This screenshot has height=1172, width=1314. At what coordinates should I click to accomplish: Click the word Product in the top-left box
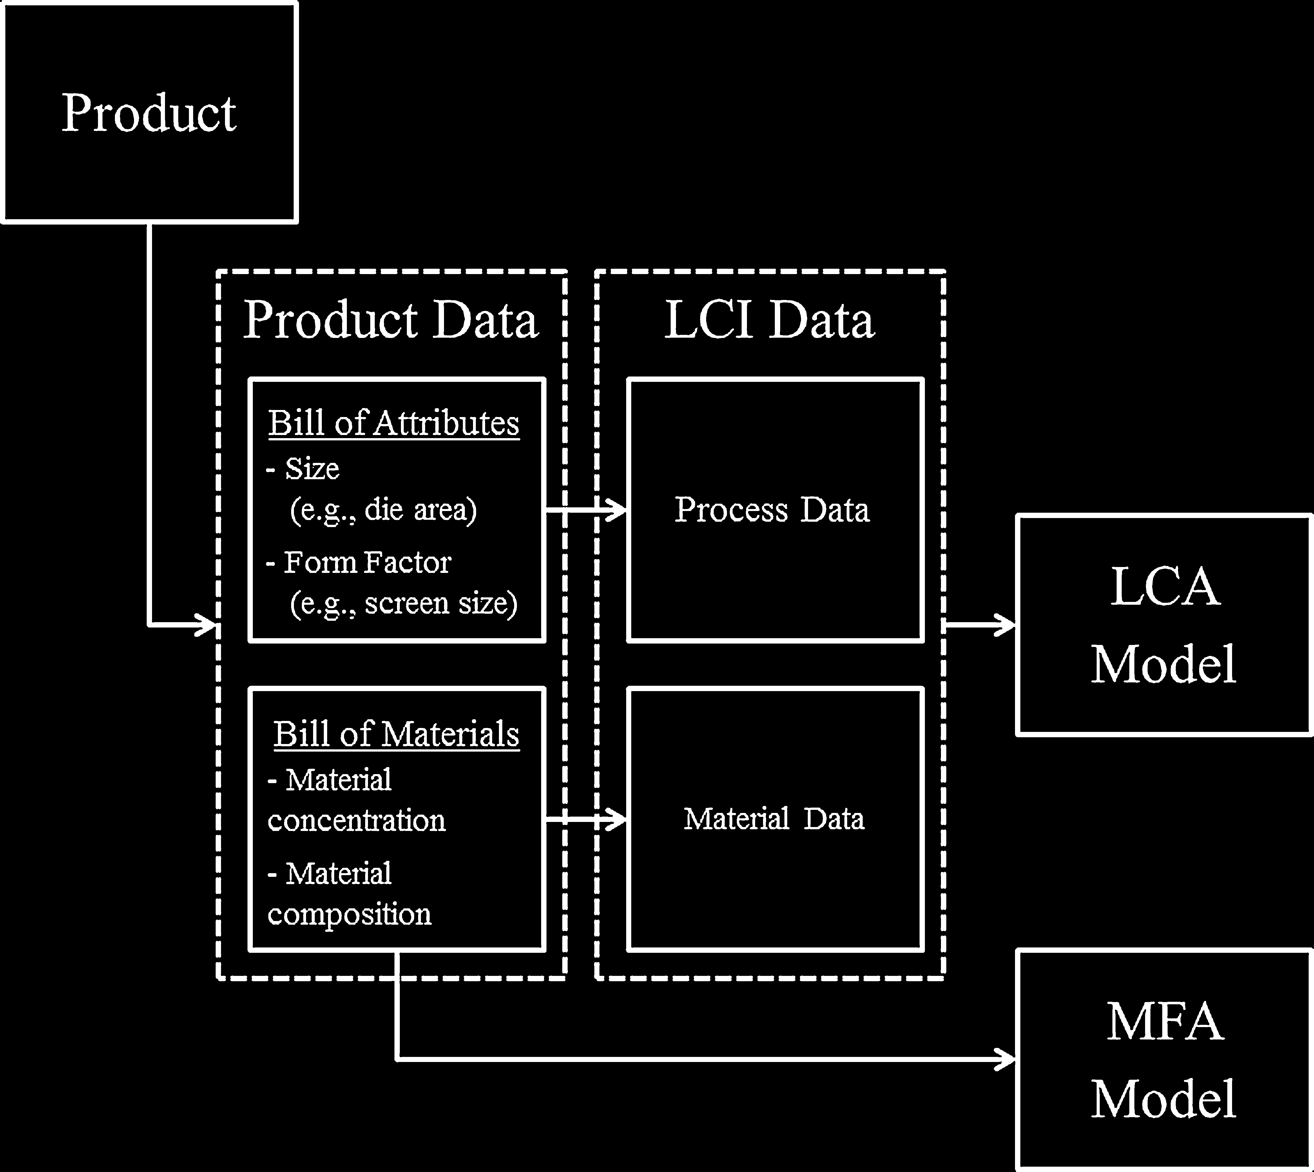[x=149, y=113]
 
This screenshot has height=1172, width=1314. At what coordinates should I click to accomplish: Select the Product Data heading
[x=391, y=319]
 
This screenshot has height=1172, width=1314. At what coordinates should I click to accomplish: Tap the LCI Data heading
[x=769, y=319]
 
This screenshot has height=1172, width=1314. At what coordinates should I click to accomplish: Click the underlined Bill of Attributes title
[x=394, y=424]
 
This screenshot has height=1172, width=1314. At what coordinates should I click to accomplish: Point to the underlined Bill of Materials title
[x=396, y=734]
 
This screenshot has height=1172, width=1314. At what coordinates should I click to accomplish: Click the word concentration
[x=356, y=821]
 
